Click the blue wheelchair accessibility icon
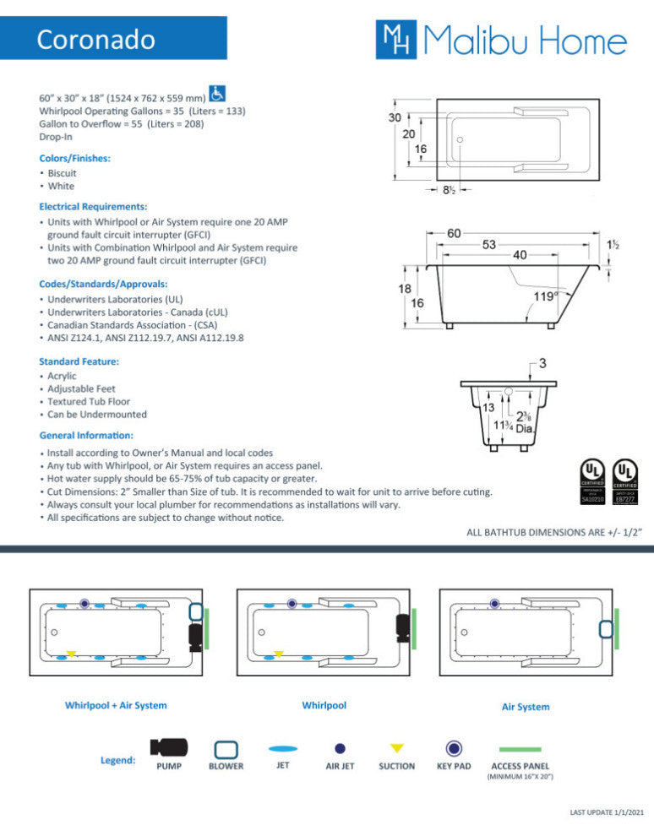[x=216, y=94]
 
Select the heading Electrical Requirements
[x=93, y=206]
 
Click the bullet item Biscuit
[x=62, y=173]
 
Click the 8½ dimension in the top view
[x=450, y=191]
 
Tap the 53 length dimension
[x=488, y=245]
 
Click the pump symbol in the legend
[x=169, y=747]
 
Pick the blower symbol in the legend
[x=226, y=748]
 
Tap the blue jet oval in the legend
[x=283, y=748]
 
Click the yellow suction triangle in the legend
[x=397, y=748]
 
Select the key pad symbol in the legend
[x=454, y=748]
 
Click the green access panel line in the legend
[x=520, y=749]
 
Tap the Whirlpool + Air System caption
[x=116, y=705]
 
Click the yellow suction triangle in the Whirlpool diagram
[x=279, y=654]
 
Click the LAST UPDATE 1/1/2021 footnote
[x=607, y=812]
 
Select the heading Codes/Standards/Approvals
[x=103, y=284]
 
